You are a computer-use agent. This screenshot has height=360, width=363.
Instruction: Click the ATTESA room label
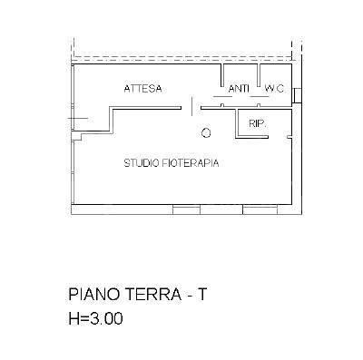[143, 88]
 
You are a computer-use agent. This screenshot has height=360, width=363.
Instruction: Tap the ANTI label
[239, 88]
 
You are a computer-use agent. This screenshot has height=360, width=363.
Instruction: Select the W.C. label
[274, 88]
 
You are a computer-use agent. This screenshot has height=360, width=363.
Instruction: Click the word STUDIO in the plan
[142, 164]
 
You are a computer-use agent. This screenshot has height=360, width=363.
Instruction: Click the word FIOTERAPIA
[193, 164]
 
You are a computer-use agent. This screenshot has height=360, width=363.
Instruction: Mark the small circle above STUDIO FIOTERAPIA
[206, 133]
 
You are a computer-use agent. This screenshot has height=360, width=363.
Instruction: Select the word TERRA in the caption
[153, 297]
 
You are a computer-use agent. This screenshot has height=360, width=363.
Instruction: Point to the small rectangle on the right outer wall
[297, 96]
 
